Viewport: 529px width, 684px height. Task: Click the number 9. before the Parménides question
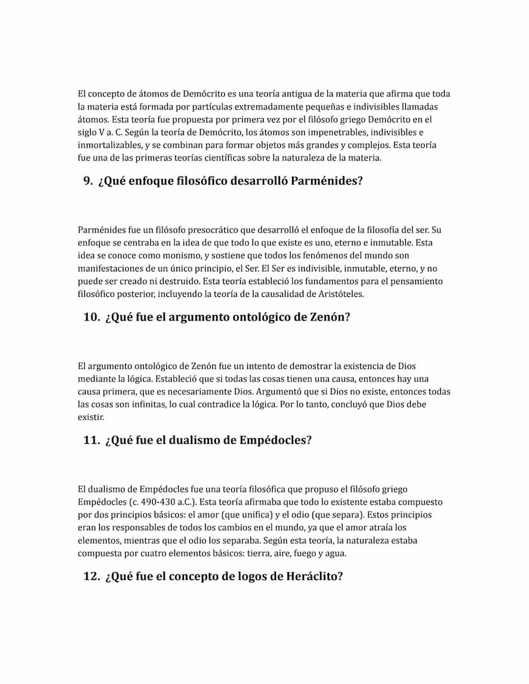point(88,181)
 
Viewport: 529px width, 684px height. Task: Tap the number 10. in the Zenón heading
point(91,317)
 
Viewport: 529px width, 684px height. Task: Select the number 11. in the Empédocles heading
point(91,440)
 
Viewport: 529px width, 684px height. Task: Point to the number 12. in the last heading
point(91,576)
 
